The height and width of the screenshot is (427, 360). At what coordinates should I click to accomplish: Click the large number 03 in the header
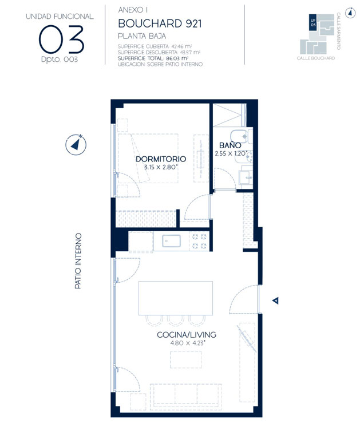(61, 39)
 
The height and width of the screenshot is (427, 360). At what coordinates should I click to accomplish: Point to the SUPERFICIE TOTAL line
(153, 58)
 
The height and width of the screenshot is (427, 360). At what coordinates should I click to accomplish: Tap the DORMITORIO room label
(161, 159)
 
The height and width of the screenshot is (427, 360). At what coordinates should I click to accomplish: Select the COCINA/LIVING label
(187, 335)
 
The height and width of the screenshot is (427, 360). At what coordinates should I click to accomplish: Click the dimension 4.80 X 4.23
(187, 343)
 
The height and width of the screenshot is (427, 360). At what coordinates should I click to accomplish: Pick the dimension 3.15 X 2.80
(161, 167)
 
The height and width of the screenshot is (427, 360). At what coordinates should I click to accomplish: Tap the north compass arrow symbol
(76, 143)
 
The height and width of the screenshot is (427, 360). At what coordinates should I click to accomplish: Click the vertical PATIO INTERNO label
(78, 260)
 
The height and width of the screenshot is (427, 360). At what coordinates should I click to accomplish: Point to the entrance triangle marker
(275, 301)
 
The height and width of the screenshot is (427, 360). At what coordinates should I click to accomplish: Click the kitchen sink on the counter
(171, 242)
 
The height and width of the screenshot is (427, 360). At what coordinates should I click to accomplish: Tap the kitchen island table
(175, 298)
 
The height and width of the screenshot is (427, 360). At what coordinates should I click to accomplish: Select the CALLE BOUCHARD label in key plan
(316, 58)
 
